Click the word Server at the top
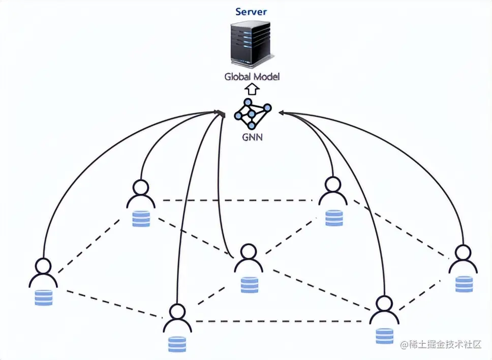(x=251, y=11)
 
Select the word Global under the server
(x=239, y=77)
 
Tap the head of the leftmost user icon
(x=43, y=265)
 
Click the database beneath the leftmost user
(x=43, y=297)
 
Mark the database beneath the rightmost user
(x=464, y=284)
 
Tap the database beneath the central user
(x=249, y=285)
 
